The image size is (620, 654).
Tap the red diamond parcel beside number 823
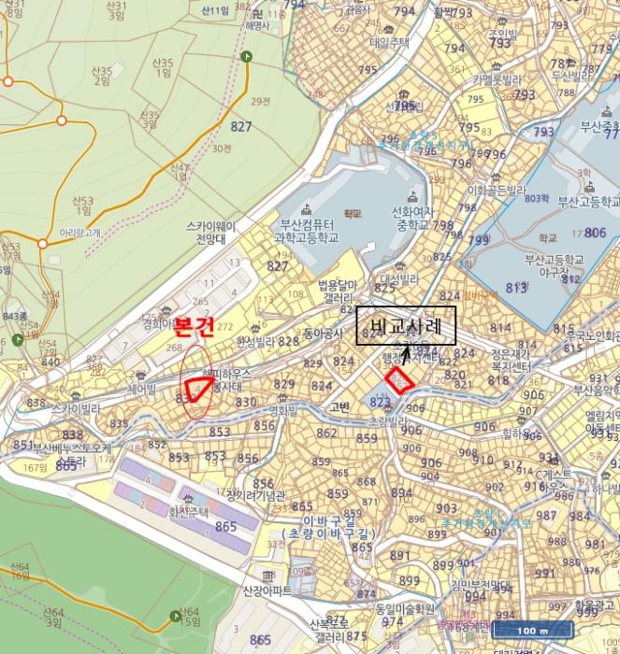pos(400,380)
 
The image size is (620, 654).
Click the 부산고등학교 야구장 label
pos(554,264)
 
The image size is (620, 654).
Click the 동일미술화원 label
pos(405,608)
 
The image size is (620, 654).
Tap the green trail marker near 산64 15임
pos(176,615)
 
